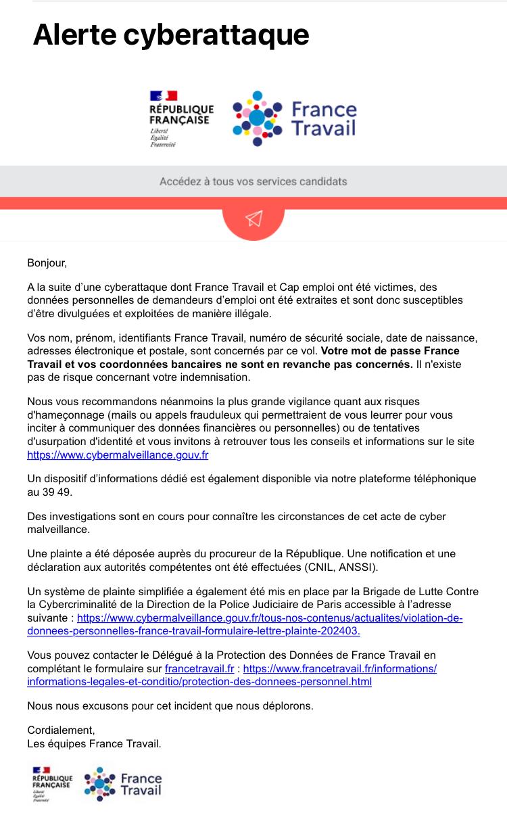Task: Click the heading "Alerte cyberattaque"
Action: tap(171, 34)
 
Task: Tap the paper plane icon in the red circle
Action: tap(254, 218)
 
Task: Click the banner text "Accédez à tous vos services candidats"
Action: tap(254, 181)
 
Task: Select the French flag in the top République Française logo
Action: tap(163, 96)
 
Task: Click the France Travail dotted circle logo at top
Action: tap(257, 118)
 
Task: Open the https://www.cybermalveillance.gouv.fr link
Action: tap(118, 455)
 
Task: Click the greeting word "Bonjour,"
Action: tap(47, 262)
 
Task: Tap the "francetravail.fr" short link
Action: tap(199, 668)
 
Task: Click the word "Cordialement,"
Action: tap(61, 730)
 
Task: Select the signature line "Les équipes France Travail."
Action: tap(95, 744)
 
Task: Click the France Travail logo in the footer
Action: tap(123, 784)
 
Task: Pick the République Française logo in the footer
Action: tap(52, 783)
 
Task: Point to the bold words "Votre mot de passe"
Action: tap(367, 351)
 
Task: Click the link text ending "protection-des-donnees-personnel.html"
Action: tap(199, 681)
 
